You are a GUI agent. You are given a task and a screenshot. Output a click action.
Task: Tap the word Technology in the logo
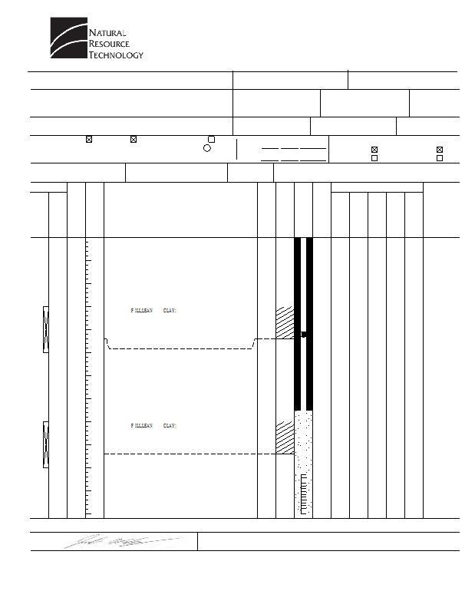point(116,54)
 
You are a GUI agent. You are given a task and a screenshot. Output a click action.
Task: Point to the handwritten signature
point(124,541)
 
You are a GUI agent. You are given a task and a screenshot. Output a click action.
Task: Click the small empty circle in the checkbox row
point(206,148)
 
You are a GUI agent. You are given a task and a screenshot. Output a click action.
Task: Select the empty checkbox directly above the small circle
point(211,139)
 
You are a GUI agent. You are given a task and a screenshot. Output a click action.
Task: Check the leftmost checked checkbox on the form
point(89,139)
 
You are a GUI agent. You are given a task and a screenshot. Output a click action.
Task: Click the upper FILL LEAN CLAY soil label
point(154,311)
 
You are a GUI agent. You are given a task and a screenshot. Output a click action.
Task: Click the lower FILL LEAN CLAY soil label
point(154,425)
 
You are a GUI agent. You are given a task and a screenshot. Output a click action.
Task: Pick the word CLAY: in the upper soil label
point(170,311)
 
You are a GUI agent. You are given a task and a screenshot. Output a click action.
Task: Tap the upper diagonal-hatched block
point(285,322)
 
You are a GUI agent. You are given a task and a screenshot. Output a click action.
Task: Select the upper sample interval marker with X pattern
point(45,328)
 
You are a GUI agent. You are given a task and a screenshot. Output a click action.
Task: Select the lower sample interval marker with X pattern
point(45,444)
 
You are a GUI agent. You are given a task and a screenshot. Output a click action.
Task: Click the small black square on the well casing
point(304,334)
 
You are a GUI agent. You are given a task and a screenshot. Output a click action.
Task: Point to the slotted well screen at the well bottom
point(304,494)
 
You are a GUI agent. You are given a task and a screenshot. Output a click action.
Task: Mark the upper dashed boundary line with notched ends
point(181,348)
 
